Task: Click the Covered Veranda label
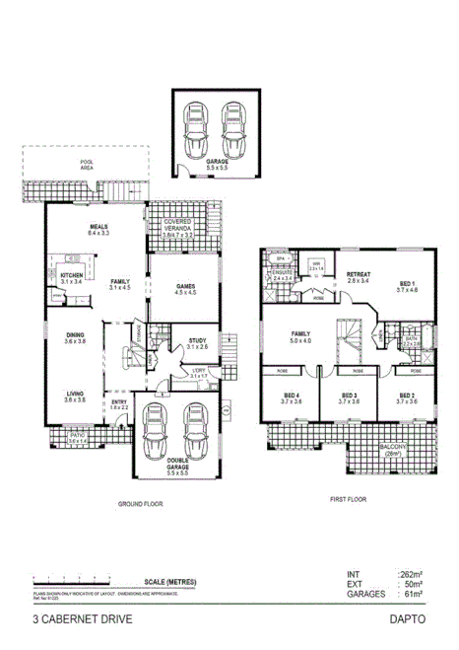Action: click(x=184, y=226)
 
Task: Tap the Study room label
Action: click(x=197, y=341)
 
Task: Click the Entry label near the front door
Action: click(x=119, y=402)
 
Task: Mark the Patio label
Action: click(x=76, y=434)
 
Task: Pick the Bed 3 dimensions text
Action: click(x=349, y=402)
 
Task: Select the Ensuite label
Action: click(x=283, y=274)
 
